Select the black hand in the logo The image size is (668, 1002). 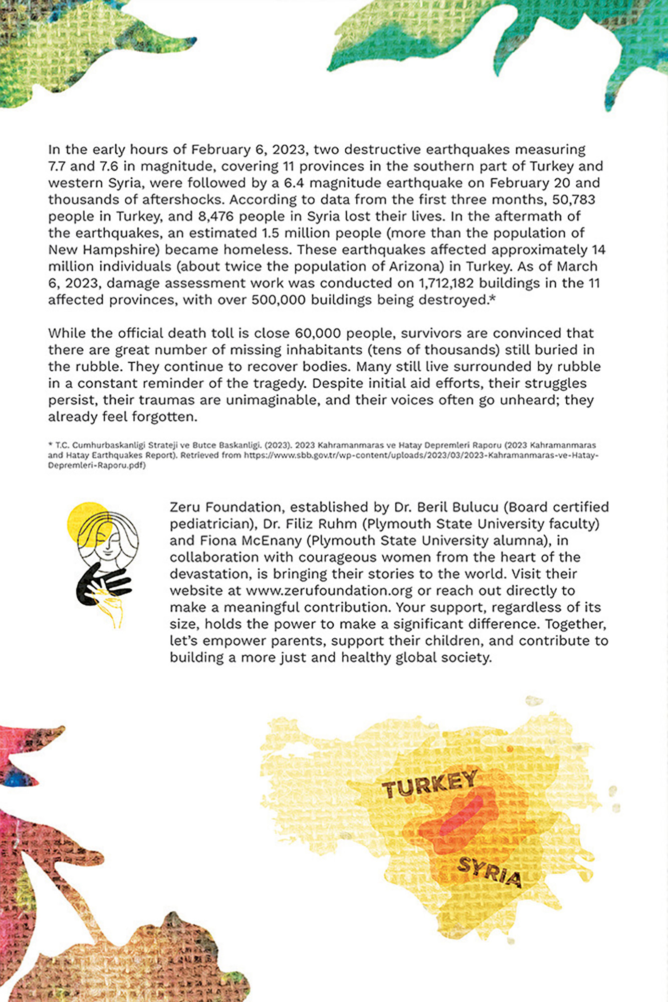click(x=100, y=584)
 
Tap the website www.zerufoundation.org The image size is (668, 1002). click(x=329, y=591)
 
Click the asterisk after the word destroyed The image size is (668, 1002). click(x=492, y=299)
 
